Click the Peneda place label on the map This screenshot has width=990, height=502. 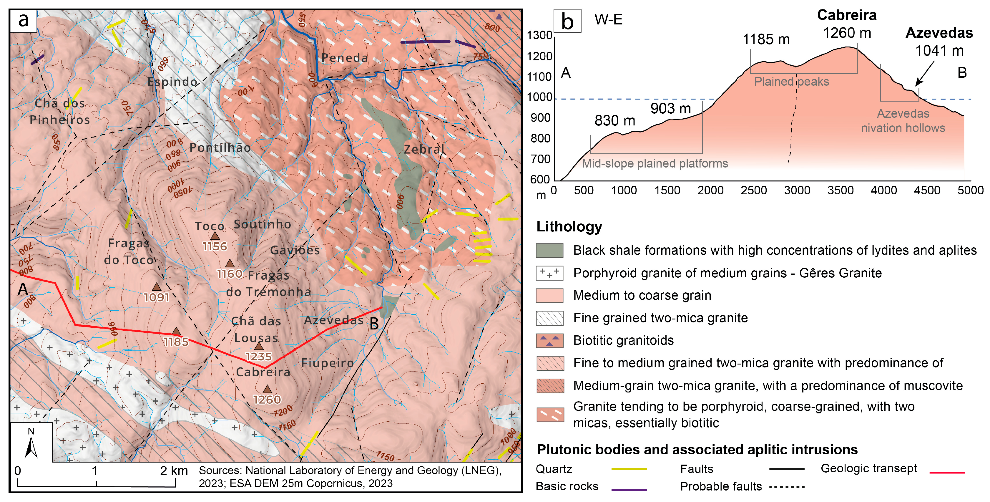345,58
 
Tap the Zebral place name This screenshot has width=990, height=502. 424,149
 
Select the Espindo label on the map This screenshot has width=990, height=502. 172,82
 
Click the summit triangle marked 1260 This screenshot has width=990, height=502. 267,389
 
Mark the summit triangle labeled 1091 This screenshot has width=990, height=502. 156,287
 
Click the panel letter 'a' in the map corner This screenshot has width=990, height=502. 24,20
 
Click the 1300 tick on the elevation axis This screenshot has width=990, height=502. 539,35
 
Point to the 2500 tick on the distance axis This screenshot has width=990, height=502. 754,190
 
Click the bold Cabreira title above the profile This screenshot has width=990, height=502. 847,15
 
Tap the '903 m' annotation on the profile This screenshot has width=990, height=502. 671,109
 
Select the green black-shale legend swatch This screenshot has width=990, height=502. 549,251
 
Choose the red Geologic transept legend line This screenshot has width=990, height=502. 946,472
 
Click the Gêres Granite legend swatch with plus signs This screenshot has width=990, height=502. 549,273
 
